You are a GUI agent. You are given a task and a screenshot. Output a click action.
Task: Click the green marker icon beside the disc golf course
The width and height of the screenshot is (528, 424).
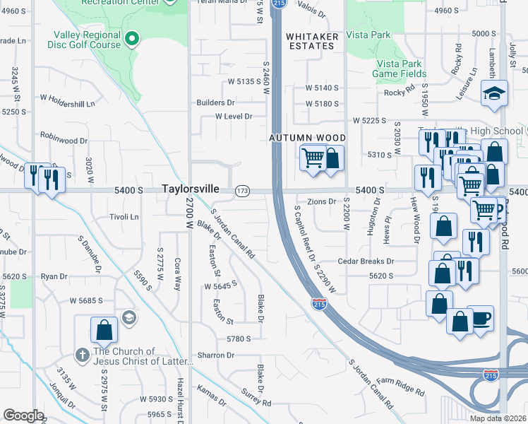[x=131, y=39]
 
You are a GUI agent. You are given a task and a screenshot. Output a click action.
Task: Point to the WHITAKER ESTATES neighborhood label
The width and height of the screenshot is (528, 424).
[x=312, y=41]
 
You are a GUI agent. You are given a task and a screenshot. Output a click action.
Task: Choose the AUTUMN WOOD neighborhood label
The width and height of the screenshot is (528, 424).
[x=308, y=138]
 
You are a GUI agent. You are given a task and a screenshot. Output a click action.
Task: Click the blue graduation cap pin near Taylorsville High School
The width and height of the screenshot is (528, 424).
[x=494, y=93]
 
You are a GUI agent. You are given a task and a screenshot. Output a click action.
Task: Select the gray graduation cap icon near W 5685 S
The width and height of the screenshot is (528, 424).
[x=128, y=317]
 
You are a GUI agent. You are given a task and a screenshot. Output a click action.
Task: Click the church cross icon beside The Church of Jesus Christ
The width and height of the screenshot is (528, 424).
[x=82, y=355]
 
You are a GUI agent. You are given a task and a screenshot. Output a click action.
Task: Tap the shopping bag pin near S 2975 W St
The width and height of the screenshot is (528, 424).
[x=104, y=329]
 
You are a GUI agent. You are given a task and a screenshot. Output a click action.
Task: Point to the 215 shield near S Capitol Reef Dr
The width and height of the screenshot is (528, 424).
[x=318, y=304]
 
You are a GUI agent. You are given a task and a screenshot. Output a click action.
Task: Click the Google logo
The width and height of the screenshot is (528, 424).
[x=23, y=416]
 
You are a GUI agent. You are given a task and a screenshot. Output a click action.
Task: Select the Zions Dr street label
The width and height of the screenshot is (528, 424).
[x=322, y=202]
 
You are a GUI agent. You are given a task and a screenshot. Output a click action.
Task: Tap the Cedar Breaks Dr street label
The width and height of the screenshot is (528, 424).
[x=365, y=261]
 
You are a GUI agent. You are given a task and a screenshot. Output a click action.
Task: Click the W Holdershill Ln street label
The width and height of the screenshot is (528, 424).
[x=67, y=104]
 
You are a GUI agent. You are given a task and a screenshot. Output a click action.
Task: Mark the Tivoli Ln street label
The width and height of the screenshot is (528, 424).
[x=124, y=217]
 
